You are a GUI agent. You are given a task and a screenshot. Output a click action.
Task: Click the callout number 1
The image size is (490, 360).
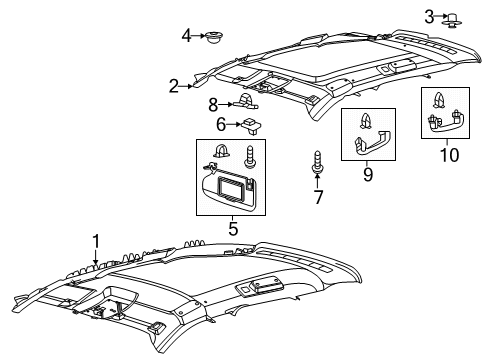(x=97, y=240)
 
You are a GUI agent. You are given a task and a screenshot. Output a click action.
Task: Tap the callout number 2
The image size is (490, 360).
(x=174, y=86)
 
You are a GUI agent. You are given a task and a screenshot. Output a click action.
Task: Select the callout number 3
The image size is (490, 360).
(x=429, y=16)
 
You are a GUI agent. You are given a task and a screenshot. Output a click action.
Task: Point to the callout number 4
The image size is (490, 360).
(x=186, y=37)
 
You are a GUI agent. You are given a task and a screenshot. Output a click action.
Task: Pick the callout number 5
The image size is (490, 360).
(x=233, y=229)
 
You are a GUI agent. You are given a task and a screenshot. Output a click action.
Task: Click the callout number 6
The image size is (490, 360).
(x=220, y=124)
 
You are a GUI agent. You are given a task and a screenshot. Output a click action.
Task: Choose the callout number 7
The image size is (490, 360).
(x=319, y=196)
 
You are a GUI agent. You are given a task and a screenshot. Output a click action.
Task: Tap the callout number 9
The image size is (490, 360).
(x=367, y=175)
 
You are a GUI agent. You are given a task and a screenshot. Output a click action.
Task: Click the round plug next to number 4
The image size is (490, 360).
(x=213, y=39)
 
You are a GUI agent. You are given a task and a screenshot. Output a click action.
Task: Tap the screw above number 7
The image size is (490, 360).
(x=318, y=163)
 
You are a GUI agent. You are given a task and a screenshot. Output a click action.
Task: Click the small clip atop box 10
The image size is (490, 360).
(x=440, y=100)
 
